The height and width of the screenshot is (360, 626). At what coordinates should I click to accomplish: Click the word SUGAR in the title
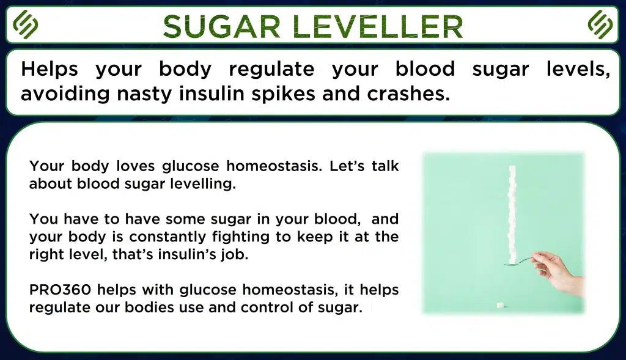(x=221, y=26)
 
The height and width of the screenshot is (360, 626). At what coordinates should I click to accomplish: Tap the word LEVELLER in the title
(x=377, y=26)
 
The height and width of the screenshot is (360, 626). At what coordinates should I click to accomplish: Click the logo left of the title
(x=26, y=24)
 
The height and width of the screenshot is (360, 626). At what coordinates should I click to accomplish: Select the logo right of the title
(x=600, y=24)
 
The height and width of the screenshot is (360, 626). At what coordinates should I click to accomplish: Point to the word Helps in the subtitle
(x=49, y=69)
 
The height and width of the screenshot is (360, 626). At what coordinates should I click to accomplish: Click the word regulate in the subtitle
(x=271, y=69)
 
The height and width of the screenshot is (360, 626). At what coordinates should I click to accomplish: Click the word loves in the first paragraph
(x=135, y=166)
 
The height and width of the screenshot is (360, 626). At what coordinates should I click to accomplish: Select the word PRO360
(x=60, y=290)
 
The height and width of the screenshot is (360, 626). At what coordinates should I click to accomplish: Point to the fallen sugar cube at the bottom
(x=499, y=306)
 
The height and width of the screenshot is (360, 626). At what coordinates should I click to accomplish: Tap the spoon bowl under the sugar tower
(x=512, y=263)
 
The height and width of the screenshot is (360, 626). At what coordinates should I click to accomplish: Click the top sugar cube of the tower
(x=512, y=170)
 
